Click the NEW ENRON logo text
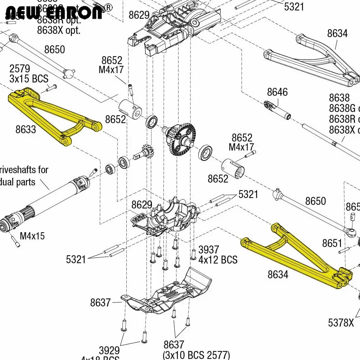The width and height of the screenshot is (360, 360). (54, 13)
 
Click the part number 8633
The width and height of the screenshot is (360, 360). (26, 129)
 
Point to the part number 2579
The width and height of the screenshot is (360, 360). (20, 69)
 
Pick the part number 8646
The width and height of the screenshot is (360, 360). (277, 92)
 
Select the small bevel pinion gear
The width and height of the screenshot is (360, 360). (146, 152)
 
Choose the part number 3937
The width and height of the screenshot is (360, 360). (209, 249)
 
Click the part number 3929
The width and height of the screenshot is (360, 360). (109, 350)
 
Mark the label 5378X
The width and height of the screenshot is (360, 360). (341, 323)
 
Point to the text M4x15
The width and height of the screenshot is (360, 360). (32, 236)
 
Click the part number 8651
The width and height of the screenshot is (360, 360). (332, 243)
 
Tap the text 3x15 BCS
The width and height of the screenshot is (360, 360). (29, 79)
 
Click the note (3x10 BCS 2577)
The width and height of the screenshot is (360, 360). (196, 355)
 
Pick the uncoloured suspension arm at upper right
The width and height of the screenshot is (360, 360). (310, 59)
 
